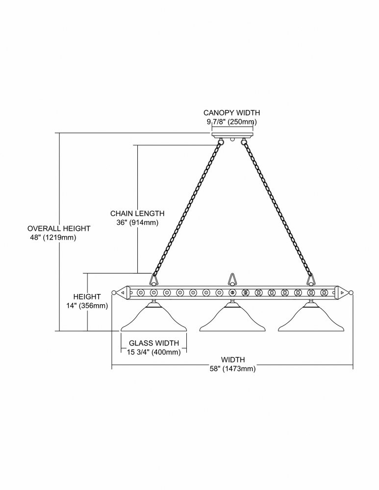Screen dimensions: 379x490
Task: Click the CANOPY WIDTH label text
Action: [x=232, y=113]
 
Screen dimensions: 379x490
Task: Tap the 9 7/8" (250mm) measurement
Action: [x=232, y=122]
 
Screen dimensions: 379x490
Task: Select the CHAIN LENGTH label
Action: [x=137, y=214]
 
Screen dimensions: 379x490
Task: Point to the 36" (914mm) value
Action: [x=137, y=223]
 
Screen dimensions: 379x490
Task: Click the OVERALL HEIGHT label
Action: [x=59, y=228]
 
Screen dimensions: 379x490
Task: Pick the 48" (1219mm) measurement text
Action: [x=52, y=238]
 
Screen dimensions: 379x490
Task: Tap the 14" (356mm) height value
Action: [x=87, y=306]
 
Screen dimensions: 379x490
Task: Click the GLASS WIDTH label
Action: [x=154, y=343]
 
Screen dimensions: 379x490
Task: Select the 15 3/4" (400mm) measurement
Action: [x=154, y=352]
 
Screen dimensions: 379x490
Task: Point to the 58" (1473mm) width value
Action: [x=233, y=369]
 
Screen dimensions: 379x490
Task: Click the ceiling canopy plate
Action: [x=233, y=136]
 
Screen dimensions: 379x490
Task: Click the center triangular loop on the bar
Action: [x=232, y=279]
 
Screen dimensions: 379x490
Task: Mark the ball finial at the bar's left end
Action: [x=114, y=293]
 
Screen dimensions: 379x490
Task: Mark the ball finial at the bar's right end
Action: [x=351, y=293]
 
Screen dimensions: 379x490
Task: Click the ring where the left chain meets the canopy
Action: [x=221, y=142]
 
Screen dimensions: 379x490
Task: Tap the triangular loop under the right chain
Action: [x=310, y=280]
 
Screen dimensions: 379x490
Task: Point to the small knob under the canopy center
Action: [x=232, y=140]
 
